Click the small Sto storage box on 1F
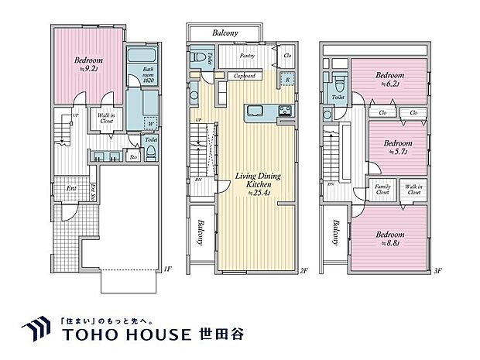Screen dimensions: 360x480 133,156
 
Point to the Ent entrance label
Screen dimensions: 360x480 71,188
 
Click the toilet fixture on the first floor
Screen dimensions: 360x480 151,151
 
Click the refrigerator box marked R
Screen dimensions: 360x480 287,79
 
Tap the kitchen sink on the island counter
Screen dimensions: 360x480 255,111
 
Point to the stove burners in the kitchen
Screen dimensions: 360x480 284,109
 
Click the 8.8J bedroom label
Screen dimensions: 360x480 389,237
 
